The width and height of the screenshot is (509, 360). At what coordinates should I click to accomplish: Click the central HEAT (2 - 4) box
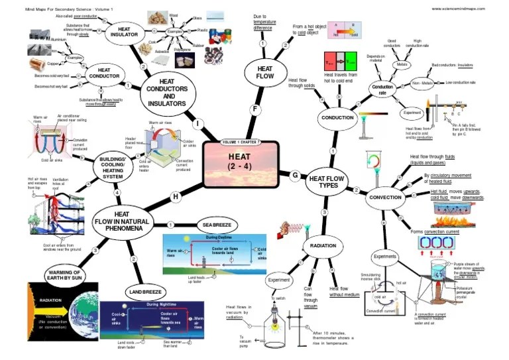pos(241,160)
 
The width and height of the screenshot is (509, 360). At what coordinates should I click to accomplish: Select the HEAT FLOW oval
pos(264,71)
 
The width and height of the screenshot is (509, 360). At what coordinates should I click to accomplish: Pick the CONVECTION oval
pos(384,198)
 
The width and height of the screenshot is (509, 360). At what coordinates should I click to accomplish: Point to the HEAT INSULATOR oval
pos(123,32)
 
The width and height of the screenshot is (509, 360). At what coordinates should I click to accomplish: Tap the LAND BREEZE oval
pos(145,292)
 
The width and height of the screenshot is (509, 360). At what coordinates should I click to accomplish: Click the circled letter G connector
pos(295,175)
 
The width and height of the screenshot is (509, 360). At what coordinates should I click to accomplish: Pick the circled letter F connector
pos(254,109)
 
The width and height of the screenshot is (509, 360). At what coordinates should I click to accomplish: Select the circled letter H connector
pos(176,196)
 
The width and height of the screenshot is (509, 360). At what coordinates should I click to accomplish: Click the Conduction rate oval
pos(382,90)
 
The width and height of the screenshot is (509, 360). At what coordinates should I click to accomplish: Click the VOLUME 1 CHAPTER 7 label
pos(241,143)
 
